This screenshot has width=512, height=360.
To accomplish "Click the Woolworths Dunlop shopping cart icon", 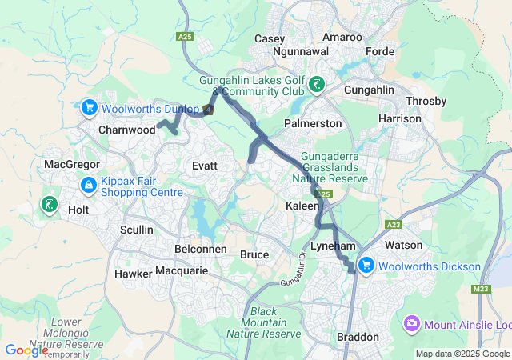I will (x=89, y=106).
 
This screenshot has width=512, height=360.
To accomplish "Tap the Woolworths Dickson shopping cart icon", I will (x=367, y=266).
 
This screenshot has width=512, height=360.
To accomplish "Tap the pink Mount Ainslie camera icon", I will (x=412, y=324).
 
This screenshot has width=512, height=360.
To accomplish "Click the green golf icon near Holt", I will (x=50, y=205).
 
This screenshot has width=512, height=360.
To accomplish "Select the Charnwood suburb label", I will (x=127, y=129).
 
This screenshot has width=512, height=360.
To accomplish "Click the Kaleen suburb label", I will (x=303, y=206).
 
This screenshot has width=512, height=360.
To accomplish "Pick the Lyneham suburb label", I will (x=333, y=245).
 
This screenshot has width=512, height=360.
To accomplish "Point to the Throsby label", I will (x=426, y=101).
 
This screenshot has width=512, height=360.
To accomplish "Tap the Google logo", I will (x=26, y=350).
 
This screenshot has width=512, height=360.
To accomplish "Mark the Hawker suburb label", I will (x=134, y=273).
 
